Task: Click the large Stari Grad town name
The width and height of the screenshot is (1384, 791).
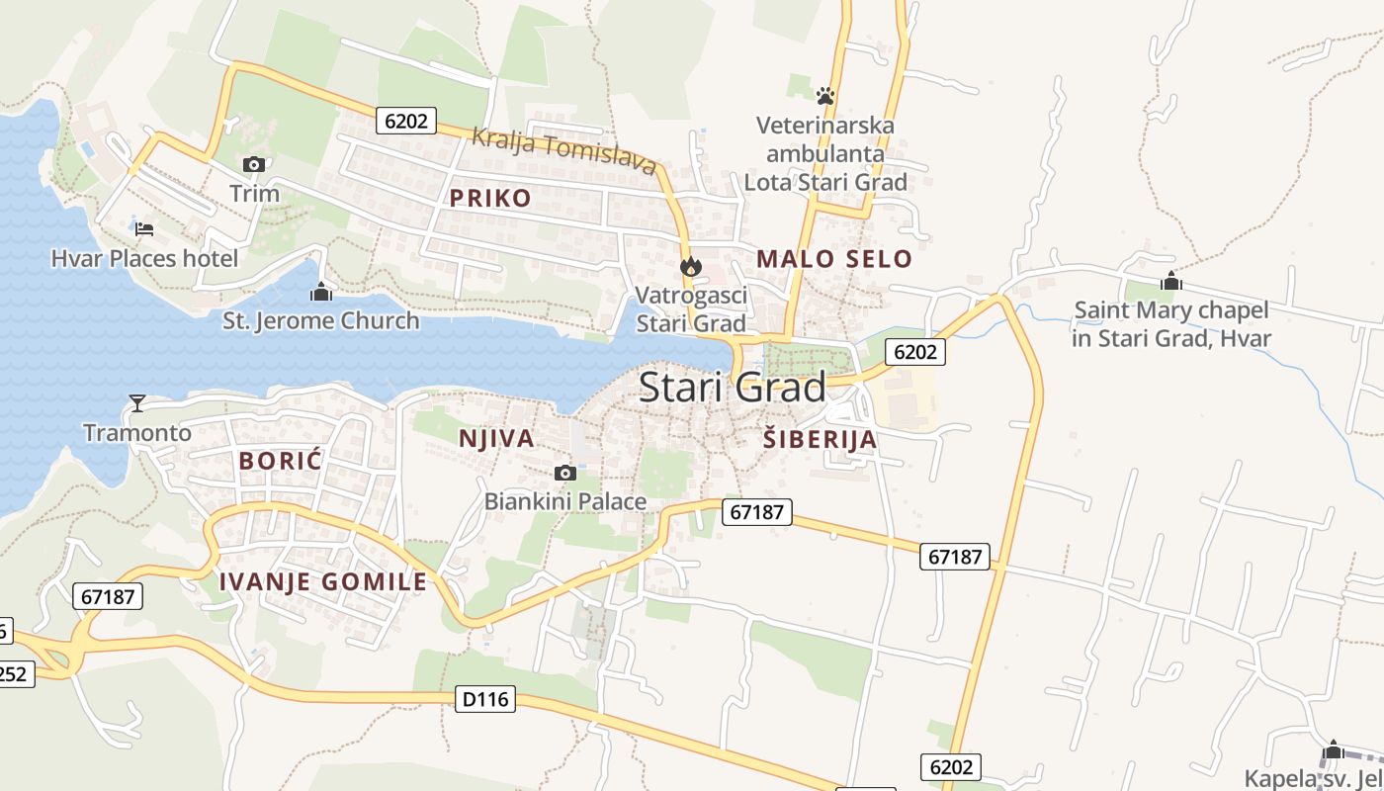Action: [732, 388]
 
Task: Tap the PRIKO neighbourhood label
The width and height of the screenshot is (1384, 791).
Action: [490, 198]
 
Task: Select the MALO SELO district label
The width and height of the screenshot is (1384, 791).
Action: [834, 259]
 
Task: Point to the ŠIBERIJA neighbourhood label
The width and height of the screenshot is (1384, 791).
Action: [820, 440]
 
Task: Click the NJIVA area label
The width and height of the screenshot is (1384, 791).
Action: [496, 438]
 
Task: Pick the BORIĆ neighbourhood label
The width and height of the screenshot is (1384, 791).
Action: [281, 460]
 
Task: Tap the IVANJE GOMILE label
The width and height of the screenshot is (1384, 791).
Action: [323, 581]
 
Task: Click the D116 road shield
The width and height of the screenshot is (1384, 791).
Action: [485, 699]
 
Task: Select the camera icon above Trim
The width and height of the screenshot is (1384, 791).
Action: [254, 164]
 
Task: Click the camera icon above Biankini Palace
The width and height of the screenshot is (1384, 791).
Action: [565, 473]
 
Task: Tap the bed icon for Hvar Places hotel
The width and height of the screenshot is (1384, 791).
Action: [144, 229]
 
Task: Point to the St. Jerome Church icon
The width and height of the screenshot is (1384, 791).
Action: [320, 292]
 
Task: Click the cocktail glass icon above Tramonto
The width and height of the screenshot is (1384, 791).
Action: [137, 402]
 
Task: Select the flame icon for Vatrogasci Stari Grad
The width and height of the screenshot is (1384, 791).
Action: [690, 266]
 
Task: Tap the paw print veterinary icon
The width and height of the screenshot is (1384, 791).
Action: [825, 96]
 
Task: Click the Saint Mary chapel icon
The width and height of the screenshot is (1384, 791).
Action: [1171, 282]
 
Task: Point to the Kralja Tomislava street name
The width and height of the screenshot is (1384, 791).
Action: [563, 151]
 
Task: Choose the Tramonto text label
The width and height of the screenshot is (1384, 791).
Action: [137, 432]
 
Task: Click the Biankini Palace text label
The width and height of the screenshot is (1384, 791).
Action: [565, 501]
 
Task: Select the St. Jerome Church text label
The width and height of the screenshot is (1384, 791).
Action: [321, 320]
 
